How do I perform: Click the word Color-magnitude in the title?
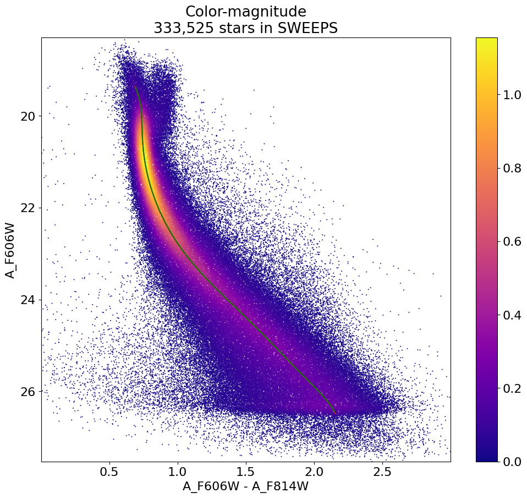[x=245, y=12]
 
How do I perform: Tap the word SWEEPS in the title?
[x=310, y=28]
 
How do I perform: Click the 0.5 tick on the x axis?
[x=109, y=472]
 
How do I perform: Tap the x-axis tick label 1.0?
[x=178, y=472]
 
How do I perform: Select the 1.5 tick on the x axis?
[x=246, y=472]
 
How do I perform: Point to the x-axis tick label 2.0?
[x=314, y=472]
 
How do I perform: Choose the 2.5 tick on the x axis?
[x=382, y=472]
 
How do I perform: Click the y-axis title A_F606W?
[x=11, y=250]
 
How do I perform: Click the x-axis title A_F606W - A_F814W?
[x=245, y=486]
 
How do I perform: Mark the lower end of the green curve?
[x=335, y=413]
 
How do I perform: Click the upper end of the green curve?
[x=135, y=86]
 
